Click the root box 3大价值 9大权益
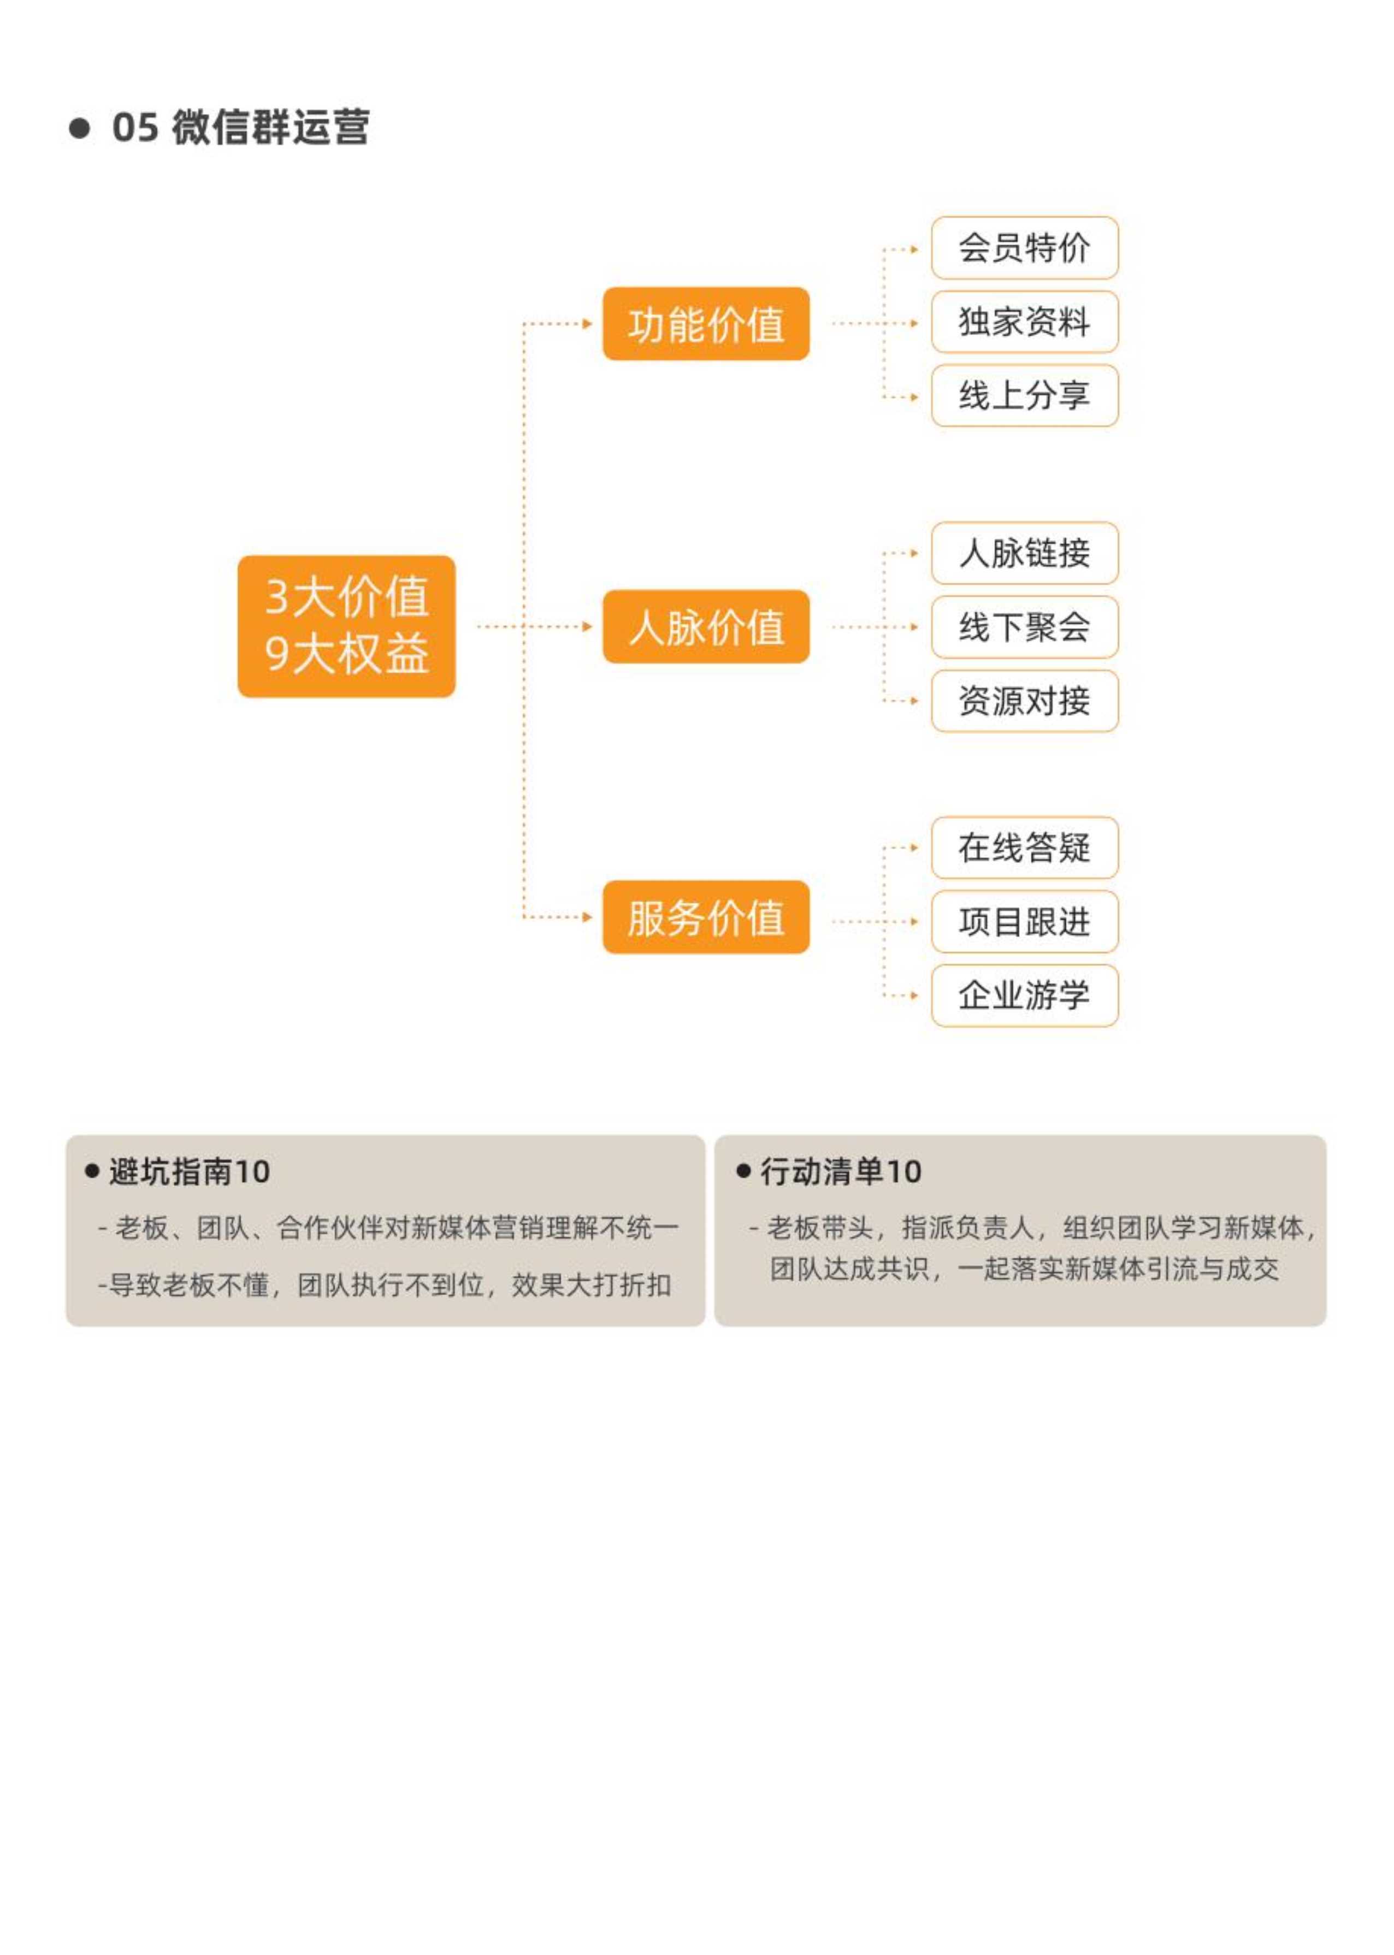click(346, 626)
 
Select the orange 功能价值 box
click(706, 323)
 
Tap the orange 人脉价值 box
click(706, 626)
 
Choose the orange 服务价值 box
click(706, 916)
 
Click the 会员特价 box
click(1025, 248)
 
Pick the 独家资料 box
click(1025, 322)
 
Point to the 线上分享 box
click(1025, 395)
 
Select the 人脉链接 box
click(1025, 553)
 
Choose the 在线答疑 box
click(1025, 848)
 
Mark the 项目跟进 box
click(1025, 922)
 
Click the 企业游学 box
click(1025, 996)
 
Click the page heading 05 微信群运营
click(240, 127)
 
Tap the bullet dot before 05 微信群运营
click(80, 128)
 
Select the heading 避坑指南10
click(189, 1171)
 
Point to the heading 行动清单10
click(840, 1171)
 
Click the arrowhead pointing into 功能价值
click(587, 323)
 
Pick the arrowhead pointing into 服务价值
click(587, 916)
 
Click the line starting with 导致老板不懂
click(385, 1285)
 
